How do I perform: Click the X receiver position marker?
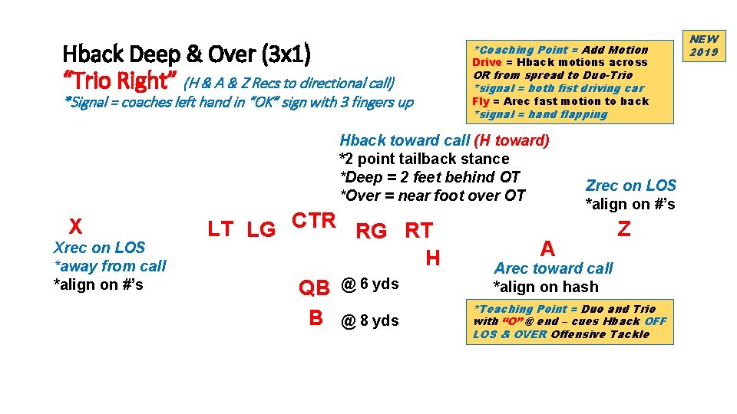(75, 226)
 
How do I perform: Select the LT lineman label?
(221, 228)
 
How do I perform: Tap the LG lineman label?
(261, 230)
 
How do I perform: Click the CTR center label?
(315, 221)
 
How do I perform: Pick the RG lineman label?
(372, 231)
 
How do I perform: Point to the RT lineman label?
(418, 231)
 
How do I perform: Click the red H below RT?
(432, 258)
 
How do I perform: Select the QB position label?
(314, 287)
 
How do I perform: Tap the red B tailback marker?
(316, 318)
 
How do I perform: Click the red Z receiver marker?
(624, 228)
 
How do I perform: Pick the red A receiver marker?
(547, 248)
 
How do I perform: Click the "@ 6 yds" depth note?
(370, 284)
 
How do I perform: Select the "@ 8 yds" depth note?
(370, 320)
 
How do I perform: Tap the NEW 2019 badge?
(703, 45)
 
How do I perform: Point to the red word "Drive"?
(487, 62)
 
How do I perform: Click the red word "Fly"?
(481, 101)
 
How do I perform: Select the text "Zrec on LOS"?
(630, 186)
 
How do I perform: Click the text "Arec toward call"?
(553, 268)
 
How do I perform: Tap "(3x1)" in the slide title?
(286, 54)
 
